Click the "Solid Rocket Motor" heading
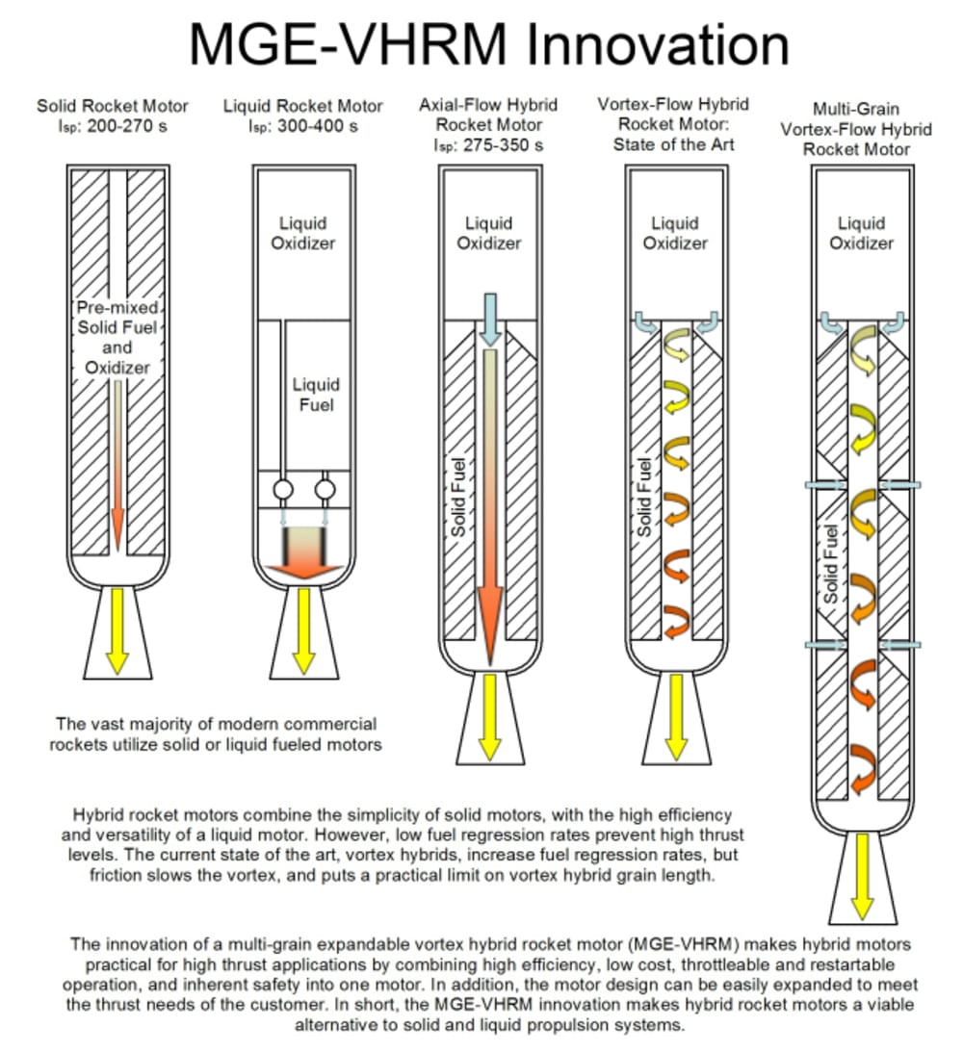coord(113,106)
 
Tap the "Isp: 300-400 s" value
coord(303,126)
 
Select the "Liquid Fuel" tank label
coord(316,395)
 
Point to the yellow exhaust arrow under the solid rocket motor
coord(117,629)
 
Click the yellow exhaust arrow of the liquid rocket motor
coord(303,629)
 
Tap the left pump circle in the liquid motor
coord(283,490)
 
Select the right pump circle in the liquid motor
coord(325,490)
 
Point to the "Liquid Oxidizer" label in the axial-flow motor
coord(489,233)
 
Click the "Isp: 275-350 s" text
coord(489,145)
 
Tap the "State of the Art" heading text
coord(673,145)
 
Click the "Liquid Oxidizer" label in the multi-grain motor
coord(861,233)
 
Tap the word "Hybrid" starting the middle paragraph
coord(98,814)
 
